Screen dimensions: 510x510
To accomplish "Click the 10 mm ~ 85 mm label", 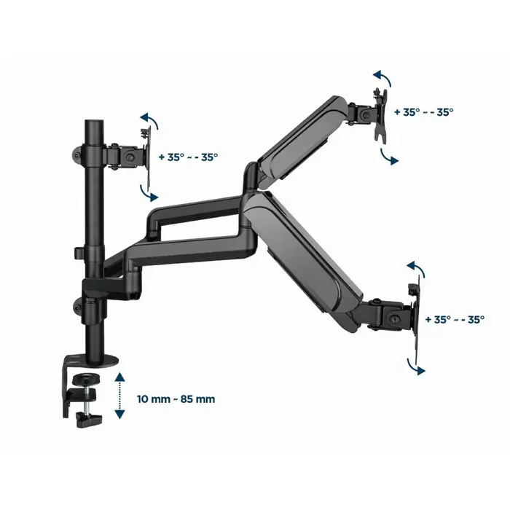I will [x=176, y=399].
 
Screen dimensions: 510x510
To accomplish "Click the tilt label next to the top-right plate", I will [x=423, y=112].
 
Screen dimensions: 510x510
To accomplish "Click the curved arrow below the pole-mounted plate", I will [x=147, y=192].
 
